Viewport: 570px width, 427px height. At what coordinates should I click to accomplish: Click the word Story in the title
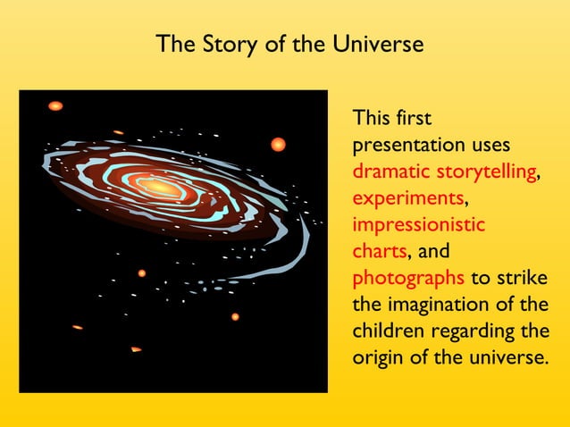(x=212, y=44)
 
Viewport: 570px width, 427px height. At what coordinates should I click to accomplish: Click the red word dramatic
(x=390, y=171)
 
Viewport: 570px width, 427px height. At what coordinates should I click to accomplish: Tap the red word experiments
(x=408, y=197)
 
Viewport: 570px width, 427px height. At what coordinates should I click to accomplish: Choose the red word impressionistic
(x=419, y=224)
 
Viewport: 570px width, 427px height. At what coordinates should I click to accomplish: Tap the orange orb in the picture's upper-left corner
(x=55, y=105)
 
